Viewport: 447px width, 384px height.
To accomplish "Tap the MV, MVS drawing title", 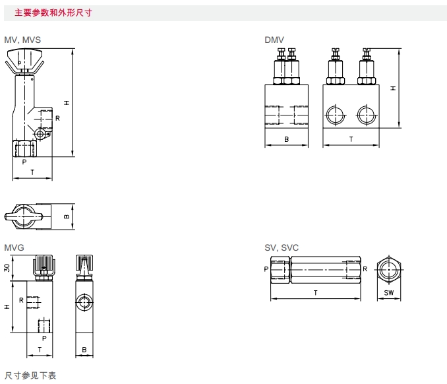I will (22, 40).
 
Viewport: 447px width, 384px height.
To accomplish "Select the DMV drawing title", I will (274, 40).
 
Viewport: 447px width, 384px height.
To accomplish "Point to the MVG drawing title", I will (15, 247).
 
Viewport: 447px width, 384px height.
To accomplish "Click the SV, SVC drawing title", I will (282, 247).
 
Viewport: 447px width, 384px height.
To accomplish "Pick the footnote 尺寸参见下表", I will (31, 375).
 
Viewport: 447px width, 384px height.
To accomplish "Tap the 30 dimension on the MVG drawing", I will (7, 267).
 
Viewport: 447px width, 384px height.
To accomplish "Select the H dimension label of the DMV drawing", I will (393, 87).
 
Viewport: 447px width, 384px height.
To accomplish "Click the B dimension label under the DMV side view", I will (286, 139).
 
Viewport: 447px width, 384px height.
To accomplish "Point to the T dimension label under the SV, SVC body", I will (316, 292).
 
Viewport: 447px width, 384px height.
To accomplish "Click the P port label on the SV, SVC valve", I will (266, 269).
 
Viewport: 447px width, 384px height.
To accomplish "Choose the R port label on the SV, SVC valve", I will (365, 269).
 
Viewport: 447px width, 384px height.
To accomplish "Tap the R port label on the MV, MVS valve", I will (58, 118).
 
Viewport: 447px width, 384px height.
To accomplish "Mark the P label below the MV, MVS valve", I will (24, 162).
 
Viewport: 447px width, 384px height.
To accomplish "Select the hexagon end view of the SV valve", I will (388, 269).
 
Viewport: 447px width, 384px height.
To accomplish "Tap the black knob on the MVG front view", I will (45, 263).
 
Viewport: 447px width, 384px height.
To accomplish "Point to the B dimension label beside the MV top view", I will (67, 216).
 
